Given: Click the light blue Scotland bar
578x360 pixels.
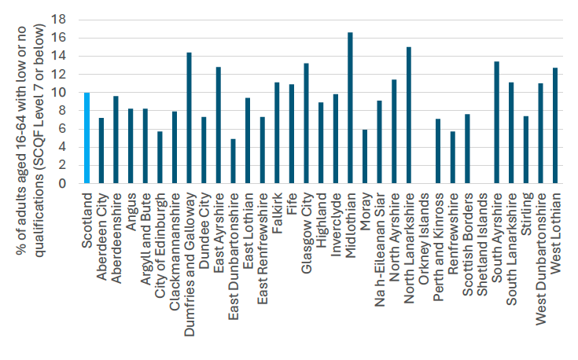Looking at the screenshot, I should click(87, 138).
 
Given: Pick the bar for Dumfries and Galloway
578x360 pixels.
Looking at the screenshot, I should click(189, 118).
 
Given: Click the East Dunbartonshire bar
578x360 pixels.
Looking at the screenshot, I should click(233, 161).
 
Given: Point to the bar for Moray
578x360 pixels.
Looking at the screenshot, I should click(365, 156).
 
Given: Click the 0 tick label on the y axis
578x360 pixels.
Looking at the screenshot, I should click(68, 183).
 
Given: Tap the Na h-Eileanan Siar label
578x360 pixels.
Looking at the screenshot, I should click(380, 236).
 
